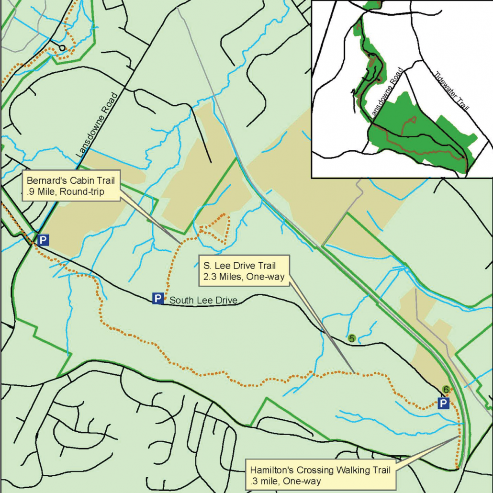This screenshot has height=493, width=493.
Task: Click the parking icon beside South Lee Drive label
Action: click(x=158, y=299)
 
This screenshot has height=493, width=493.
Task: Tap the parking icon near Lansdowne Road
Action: click(x=43, y=240)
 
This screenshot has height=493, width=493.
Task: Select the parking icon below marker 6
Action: click(x=444, y=403)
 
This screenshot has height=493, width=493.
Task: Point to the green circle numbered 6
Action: click(x=446, y=390)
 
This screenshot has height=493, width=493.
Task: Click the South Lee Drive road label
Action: click(x=203, y=301)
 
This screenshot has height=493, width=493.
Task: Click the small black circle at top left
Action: click(x=62, y=47)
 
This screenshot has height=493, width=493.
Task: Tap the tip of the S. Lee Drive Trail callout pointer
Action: click(x=353, y=372)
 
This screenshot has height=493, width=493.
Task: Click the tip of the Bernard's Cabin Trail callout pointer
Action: click(x=181, y=243)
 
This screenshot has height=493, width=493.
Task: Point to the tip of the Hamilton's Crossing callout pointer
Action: click(x=459, y=437)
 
